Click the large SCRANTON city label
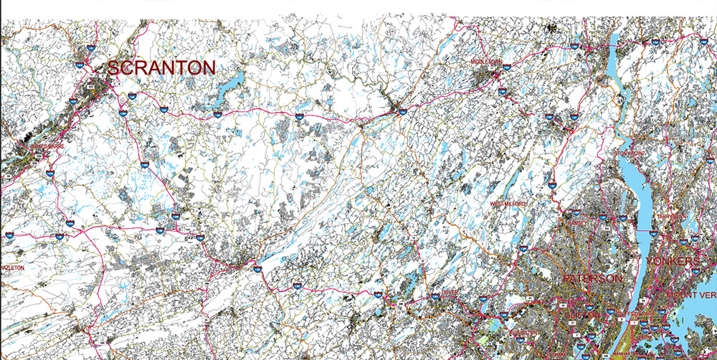coord(161,69)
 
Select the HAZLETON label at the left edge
coord(12,267)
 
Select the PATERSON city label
coord(592,278)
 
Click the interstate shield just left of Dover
coord(435,295)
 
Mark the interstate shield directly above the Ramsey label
coord(576,213)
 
